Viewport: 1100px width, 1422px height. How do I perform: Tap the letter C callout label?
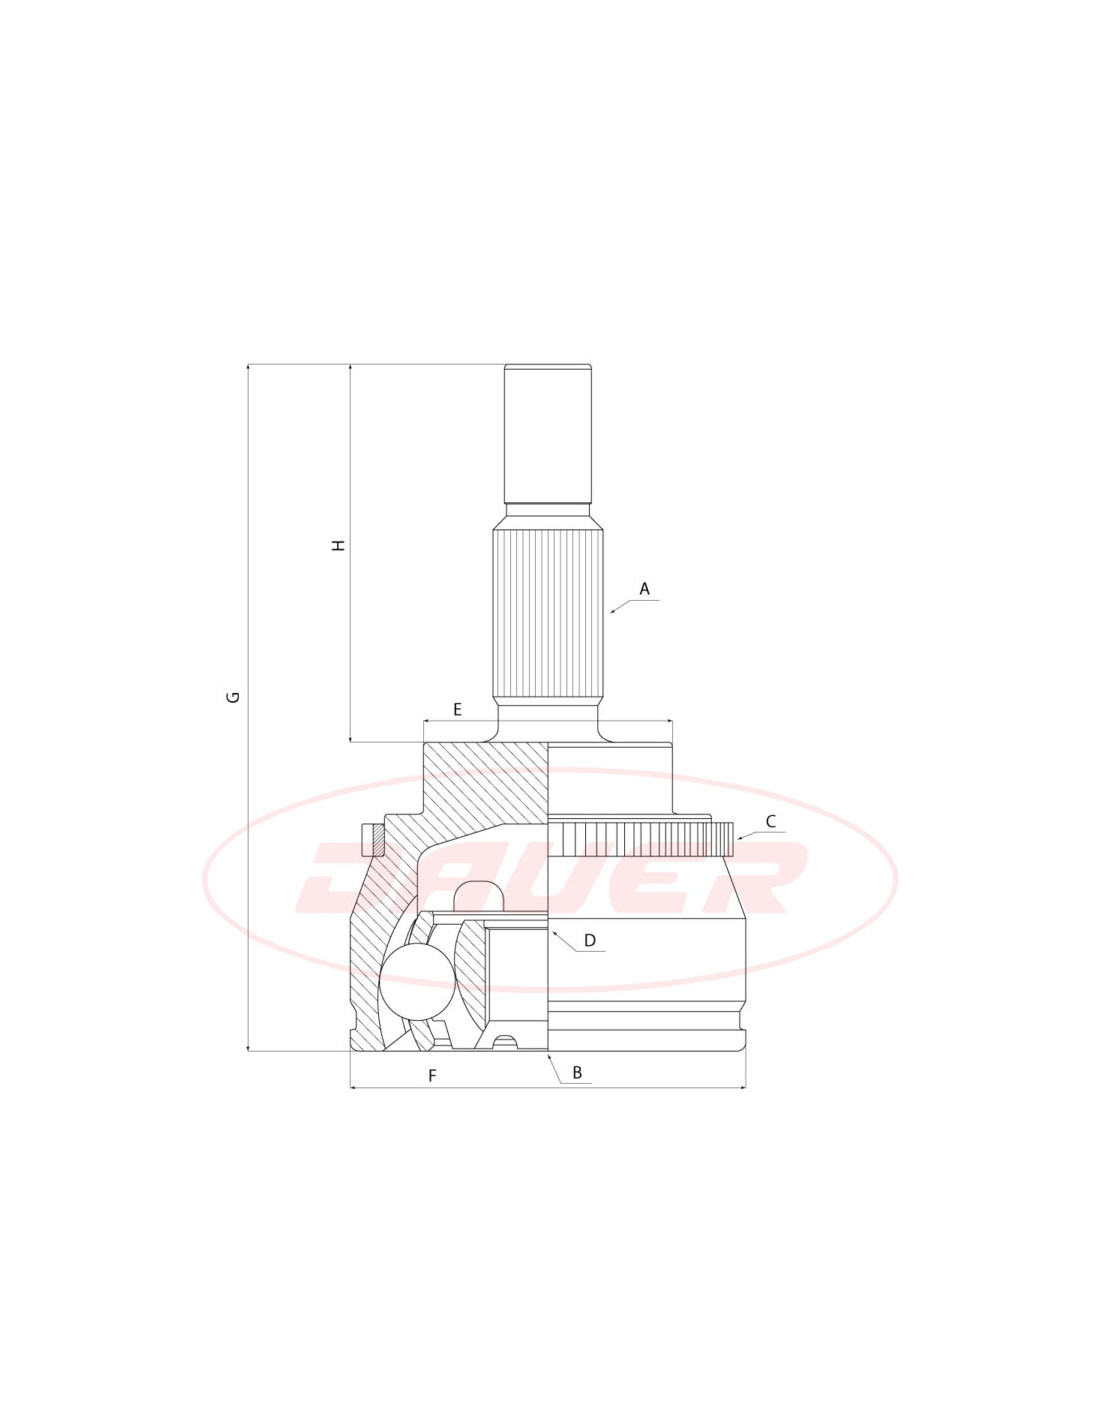[771, 821]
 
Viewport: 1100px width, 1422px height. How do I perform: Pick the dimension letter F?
[431, 1076]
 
